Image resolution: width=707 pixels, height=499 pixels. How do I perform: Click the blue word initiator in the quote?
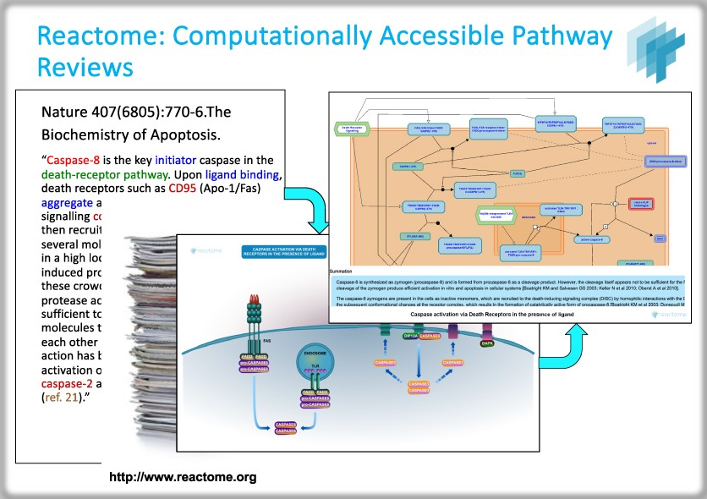click(x=181, y=160)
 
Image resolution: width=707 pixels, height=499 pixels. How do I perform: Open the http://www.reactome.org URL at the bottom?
click(x=183, y=478)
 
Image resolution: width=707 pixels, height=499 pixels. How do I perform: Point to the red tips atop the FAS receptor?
click(x=255, y=299)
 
